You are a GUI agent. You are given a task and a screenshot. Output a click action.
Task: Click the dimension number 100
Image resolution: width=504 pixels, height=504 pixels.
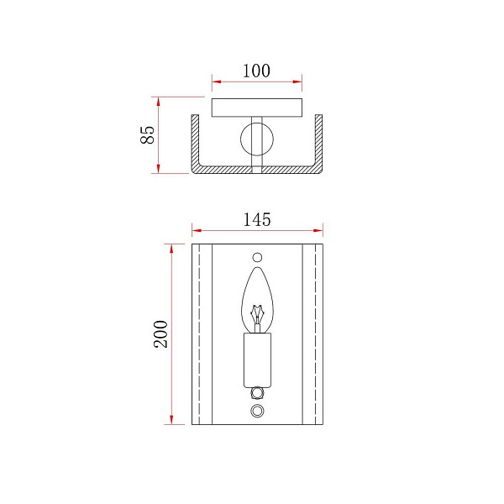256,71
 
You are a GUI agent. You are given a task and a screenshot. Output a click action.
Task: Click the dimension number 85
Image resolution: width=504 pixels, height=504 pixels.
148,134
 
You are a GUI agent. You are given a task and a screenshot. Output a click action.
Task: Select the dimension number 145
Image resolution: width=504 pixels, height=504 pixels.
257,220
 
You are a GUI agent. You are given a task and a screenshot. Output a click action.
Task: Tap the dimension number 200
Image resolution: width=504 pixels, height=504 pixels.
160,334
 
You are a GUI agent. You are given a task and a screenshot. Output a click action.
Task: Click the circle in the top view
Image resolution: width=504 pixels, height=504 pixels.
241,139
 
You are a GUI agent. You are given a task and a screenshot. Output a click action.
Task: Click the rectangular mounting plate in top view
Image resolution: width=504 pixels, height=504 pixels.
257,108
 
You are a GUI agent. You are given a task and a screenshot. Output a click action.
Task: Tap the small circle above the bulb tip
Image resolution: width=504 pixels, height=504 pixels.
257,258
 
